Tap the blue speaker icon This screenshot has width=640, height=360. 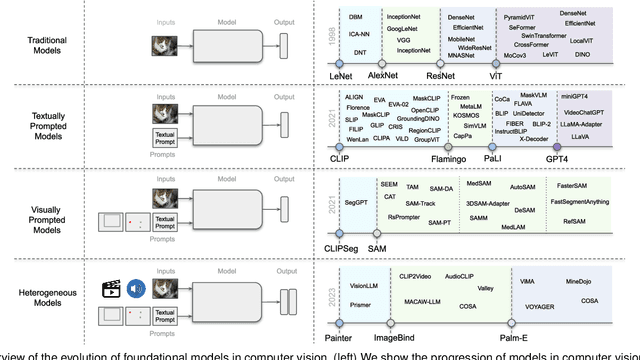click(133, 266)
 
